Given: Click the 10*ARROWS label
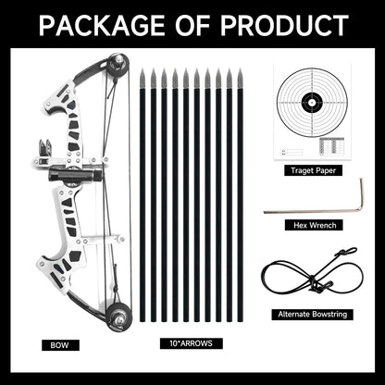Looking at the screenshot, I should point(191,343).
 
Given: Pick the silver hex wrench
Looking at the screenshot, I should point(305,210).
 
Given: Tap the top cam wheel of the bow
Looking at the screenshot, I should point(117,65).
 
